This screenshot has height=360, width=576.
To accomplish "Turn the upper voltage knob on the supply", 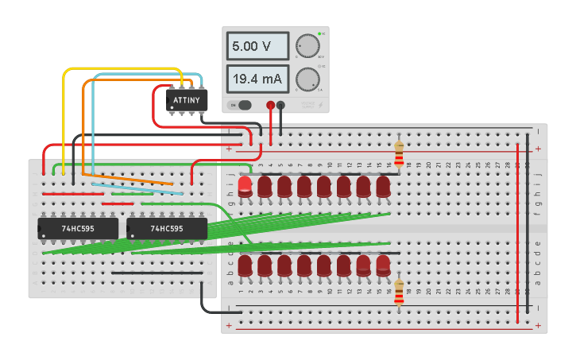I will tap(307, 46).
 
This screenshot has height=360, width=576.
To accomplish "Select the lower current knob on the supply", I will tap(307, 79).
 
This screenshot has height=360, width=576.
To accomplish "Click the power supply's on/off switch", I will tap(242, 105).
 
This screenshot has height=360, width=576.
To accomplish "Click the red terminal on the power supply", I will tap(270, 105).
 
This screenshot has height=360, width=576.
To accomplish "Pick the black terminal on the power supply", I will tap(280, 105).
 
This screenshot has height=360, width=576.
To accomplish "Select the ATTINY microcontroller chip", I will tap(187, 99).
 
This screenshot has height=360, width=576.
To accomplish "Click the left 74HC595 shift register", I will tap(78, 229).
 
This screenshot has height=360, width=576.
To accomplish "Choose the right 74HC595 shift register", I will tap(167, 229).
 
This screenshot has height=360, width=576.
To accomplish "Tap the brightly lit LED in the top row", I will tap(245, 187).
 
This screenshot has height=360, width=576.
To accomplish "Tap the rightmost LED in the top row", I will tap(383, 187).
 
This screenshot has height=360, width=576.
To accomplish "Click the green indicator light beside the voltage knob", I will tap(319, 33).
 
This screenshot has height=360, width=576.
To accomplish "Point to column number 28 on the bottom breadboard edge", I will tap(508, 292).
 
